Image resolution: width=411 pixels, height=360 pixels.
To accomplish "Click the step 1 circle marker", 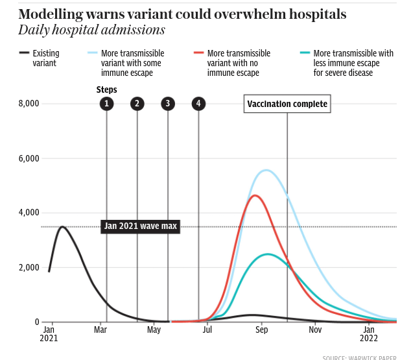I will coord(106,103).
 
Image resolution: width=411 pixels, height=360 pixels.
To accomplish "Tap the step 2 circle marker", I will coord(137,103).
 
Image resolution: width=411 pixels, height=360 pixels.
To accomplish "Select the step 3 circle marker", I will coord(168,103).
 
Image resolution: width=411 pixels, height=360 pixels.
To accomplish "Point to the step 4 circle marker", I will coord(198,103).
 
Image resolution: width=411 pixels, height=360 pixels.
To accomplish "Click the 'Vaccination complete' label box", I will coord(287,104).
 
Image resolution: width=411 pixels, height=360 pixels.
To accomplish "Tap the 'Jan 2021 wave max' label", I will coord(141,226).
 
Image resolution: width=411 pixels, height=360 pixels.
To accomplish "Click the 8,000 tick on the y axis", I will coord(28,104).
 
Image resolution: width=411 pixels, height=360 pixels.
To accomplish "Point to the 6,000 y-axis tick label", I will coord(28,158).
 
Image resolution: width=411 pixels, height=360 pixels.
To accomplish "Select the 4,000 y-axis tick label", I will coord(28,213).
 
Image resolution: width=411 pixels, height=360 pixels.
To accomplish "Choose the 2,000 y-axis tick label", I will coord(28,267).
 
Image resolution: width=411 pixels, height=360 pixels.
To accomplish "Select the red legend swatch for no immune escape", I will coord(199,53).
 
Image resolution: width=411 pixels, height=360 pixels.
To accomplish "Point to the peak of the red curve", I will coord(255,195).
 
